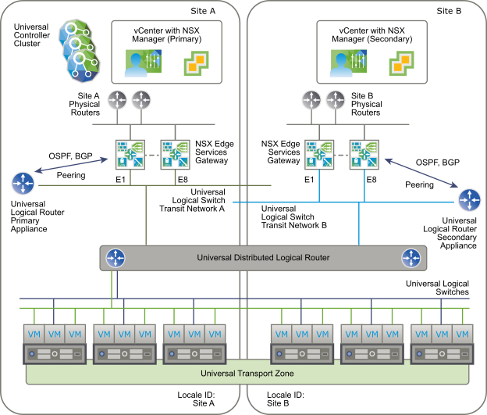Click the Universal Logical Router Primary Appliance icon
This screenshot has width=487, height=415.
(23, 184)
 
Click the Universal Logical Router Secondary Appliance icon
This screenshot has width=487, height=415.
(470, 199)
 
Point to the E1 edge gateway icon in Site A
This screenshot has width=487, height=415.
(126, 153)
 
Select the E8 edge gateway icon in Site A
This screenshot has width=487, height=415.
(172, 153)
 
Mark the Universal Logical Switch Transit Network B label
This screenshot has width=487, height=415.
(293, 216)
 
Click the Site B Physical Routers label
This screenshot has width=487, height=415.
(367, 104)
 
